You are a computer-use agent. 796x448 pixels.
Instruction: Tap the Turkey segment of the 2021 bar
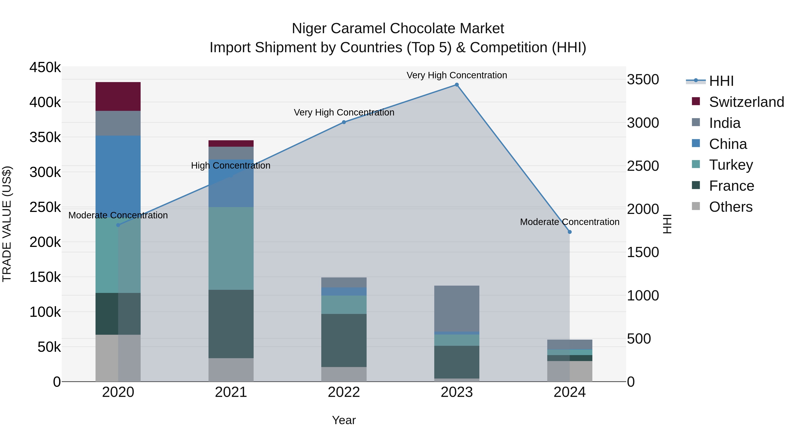click(231, 248)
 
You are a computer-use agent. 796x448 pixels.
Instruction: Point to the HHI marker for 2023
click(457, 85)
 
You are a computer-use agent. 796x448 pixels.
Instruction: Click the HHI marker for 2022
click(344, 122)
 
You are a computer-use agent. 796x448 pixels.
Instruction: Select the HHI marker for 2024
click(570, 232)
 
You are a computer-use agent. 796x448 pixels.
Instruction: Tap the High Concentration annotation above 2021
click(231, 165)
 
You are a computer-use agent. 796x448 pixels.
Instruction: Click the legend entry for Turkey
click(731, 165)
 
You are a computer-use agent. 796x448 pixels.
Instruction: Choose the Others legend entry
click(731, 207)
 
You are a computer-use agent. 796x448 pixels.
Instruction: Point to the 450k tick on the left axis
click(45, 67)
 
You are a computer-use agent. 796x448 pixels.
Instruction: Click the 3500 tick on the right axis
click(643, 80)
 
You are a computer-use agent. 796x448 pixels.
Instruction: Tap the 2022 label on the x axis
click(344, 392)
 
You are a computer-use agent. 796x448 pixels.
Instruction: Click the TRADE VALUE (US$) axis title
click(7, 224)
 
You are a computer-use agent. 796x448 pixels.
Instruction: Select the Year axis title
click(344, 420)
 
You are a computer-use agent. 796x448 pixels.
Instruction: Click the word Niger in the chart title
click(309, 29)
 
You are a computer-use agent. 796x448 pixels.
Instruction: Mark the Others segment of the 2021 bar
click(231, 370)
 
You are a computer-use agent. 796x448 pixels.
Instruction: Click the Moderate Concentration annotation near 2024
click(570, 222)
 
